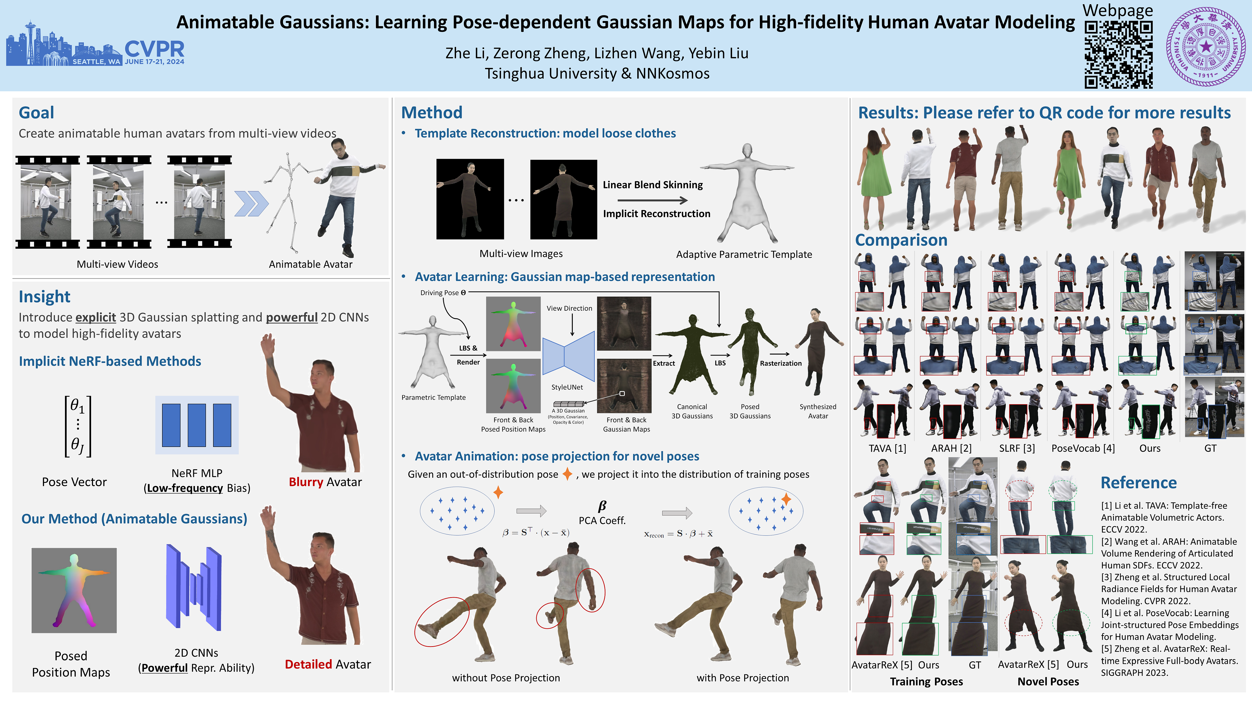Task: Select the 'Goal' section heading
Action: click(37, 113)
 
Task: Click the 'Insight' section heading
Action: click(44, 296)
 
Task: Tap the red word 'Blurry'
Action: click(306, 482)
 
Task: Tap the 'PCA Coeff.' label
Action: click(602, 520)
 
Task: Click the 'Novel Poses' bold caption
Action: click(1048, 682)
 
